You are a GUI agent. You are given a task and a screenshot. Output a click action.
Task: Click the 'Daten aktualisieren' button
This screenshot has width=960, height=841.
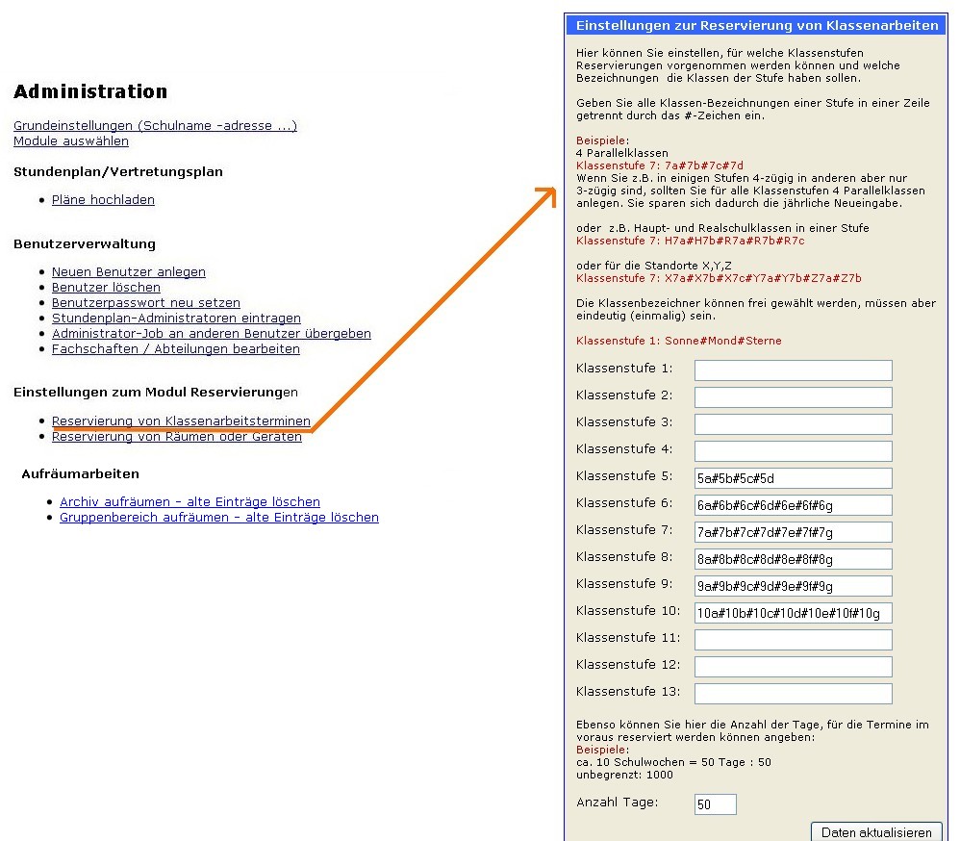tap(876, 832)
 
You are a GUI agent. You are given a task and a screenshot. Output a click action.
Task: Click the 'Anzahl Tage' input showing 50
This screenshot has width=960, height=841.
tap(715, 803)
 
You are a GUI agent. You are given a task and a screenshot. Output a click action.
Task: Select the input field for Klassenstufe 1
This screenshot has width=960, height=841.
tap(793, 370)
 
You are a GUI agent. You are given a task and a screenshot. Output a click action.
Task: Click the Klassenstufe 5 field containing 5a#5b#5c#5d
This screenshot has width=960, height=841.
tap(793, 478)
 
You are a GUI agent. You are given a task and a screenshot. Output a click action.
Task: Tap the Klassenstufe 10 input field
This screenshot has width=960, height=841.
tap(793, 613)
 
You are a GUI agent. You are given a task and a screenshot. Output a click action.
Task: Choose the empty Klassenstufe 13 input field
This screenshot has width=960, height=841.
tap(793, 694)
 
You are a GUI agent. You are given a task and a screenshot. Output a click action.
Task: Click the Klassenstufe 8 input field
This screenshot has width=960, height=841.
tap(793, 559)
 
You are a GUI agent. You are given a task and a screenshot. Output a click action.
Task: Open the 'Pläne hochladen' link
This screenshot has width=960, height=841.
tap(103, 200)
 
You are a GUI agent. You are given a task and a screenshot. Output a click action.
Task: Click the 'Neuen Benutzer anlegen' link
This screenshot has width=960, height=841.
tap(128, 272)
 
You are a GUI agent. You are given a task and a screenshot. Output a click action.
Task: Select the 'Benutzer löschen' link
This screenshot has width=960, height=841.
tap(106, 288)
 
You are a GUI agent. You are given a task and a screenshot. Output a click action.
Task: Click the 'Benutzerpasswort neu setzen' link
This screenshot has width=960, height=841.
tap(145, 303)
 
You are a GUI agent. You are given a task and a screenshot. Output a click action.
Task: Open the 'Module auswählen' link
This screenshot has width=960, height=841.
tap(71, 141)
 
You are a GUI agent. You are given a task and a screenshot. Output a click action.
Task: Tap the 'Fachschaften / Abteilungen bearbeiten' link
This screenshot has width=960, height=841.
tap(175, 349)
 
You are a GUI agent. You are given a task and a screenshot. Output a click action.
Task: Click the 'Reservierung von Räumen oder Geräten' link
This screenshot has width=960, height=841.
tap(176, 437)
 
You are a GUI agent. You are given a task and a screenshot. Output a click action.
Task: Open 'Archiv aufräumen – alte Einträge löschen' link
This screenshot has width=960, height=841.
tap(189, 502)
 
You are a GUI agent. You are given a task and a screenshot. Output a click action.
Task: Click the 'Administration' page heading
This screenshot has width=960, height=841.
tap(90, 92)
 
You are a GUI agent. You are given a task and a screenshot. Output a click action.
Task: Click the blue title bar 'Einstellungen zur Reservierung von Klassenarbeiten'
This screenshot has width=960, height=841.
tap(756, 26)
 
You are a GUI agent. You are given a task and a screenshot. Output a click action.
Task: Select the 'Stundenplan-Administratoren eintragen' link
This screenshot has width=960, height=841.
tap(176, 319)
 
